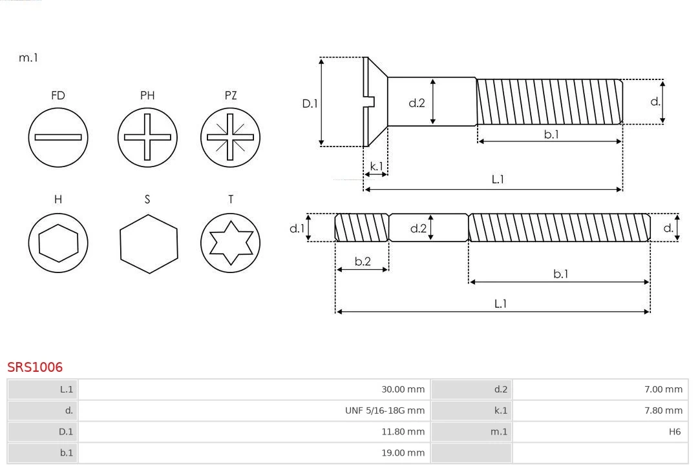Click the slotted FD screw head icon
tap(58, 137)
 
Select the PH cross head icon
tap(147, 137)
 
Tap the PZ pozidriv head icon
tap(231, 137)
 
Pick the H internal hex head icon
tap(58, 243)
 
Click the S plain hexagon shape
tap(148, 243)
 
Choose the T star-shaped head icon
tap(231, 243)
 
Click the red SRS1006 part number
tap(35, 367)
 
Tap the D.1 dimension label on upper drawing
tap(311, 103)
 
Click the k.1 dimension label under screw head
tap(375, 166)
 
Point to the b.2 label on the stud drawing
tap(363, 261)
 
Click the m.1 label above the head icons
tap(28, 57)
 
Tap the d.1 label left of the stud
tap(297, 228)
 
